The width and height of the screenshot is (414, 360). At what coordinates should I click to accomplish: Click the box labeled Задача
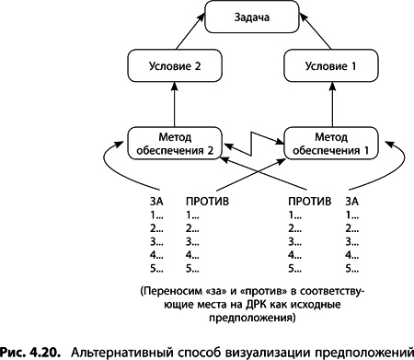(x=252, y=17)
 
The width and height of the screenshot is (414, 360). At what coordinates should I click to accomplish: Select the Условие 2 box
(x=175, y=65)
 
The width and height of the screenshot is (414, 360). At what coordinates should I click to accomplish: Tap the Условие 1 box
(x=331, y=65)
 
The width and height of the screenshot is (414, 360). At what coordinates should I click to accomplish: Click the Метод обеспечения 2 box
(x=175, y=144)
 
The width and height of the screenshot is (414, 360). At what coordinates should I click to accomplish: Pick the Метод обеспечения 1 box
(x=331, y=144)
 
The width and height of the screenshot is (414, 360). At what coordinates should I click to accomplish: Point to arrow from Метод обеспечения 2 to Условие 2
(x=175, y=105)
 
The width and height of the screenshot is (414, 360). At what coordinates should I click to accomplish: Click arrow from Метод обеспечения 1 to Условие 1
(x=332, y=105)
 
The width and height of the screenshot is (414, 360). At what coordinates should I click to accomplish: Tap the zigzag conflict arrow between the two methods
(x=252, y=144)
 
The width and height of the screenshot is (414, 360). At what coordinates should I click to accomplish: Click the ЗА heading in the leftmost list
(x=156, y=202)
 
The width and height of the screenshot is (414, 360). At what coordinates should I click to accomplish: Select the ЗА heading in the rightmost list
(x=352, y=202)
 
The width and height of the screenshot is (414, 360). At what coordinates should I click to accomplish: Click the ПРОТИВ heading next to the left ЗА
(x=207, y=202)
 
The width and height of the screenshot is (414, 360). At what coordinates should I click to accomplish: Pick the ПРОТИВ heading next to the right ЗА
(x=310, y=202)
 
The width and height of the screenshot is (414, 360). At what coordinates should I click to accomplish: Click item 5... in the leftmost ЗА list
(x=156, y=269)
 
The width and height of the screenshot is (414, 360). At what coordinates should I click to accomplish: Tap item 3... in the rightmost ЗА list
(x=352, y=242)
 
